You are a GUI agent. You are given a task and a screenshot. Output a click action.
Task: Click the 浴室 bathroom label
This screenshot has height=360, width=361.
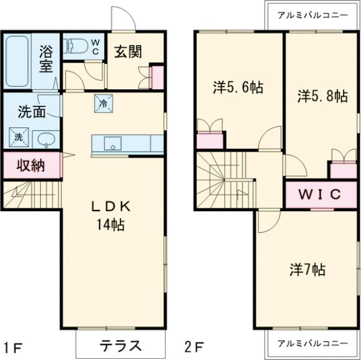click(x=46, y=59)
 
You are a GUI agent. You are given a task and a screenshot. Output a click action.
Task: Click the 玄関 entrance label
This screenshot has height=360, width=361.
click(x=128, y=51)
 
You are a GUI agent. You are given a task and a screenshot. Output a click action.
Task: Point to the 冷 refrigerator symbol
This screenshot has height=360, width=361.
click(x=102, y=103)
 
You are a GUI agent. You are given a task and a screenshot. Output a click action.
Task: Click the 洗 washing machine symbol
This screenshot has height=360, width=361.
click(x=18, y=137)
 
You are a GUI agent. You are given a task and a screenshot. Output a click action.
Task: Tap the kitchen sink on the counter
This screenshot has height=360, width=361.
click(x=112, y=144)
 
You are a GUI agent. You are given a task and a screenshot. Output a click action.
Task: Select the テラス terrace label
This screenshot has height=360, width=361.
click(x=120, y=346)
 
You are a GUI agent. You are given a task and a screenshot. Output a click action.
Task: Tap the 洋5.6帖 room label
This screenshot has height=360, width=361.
click(x=238, y=87)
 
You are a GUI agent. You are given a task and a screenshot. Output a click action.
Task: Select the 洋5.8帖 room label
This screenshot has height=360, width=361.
click(x=322, y=95)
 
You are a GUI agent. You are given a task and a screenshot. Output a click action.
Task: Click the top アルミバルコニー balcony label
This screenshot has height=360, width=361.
click(x=312, y=15)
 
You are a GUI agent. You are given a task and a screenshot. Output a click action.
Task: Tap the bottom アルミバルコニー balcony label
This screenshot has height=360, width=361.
click(x=312, y=343)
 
